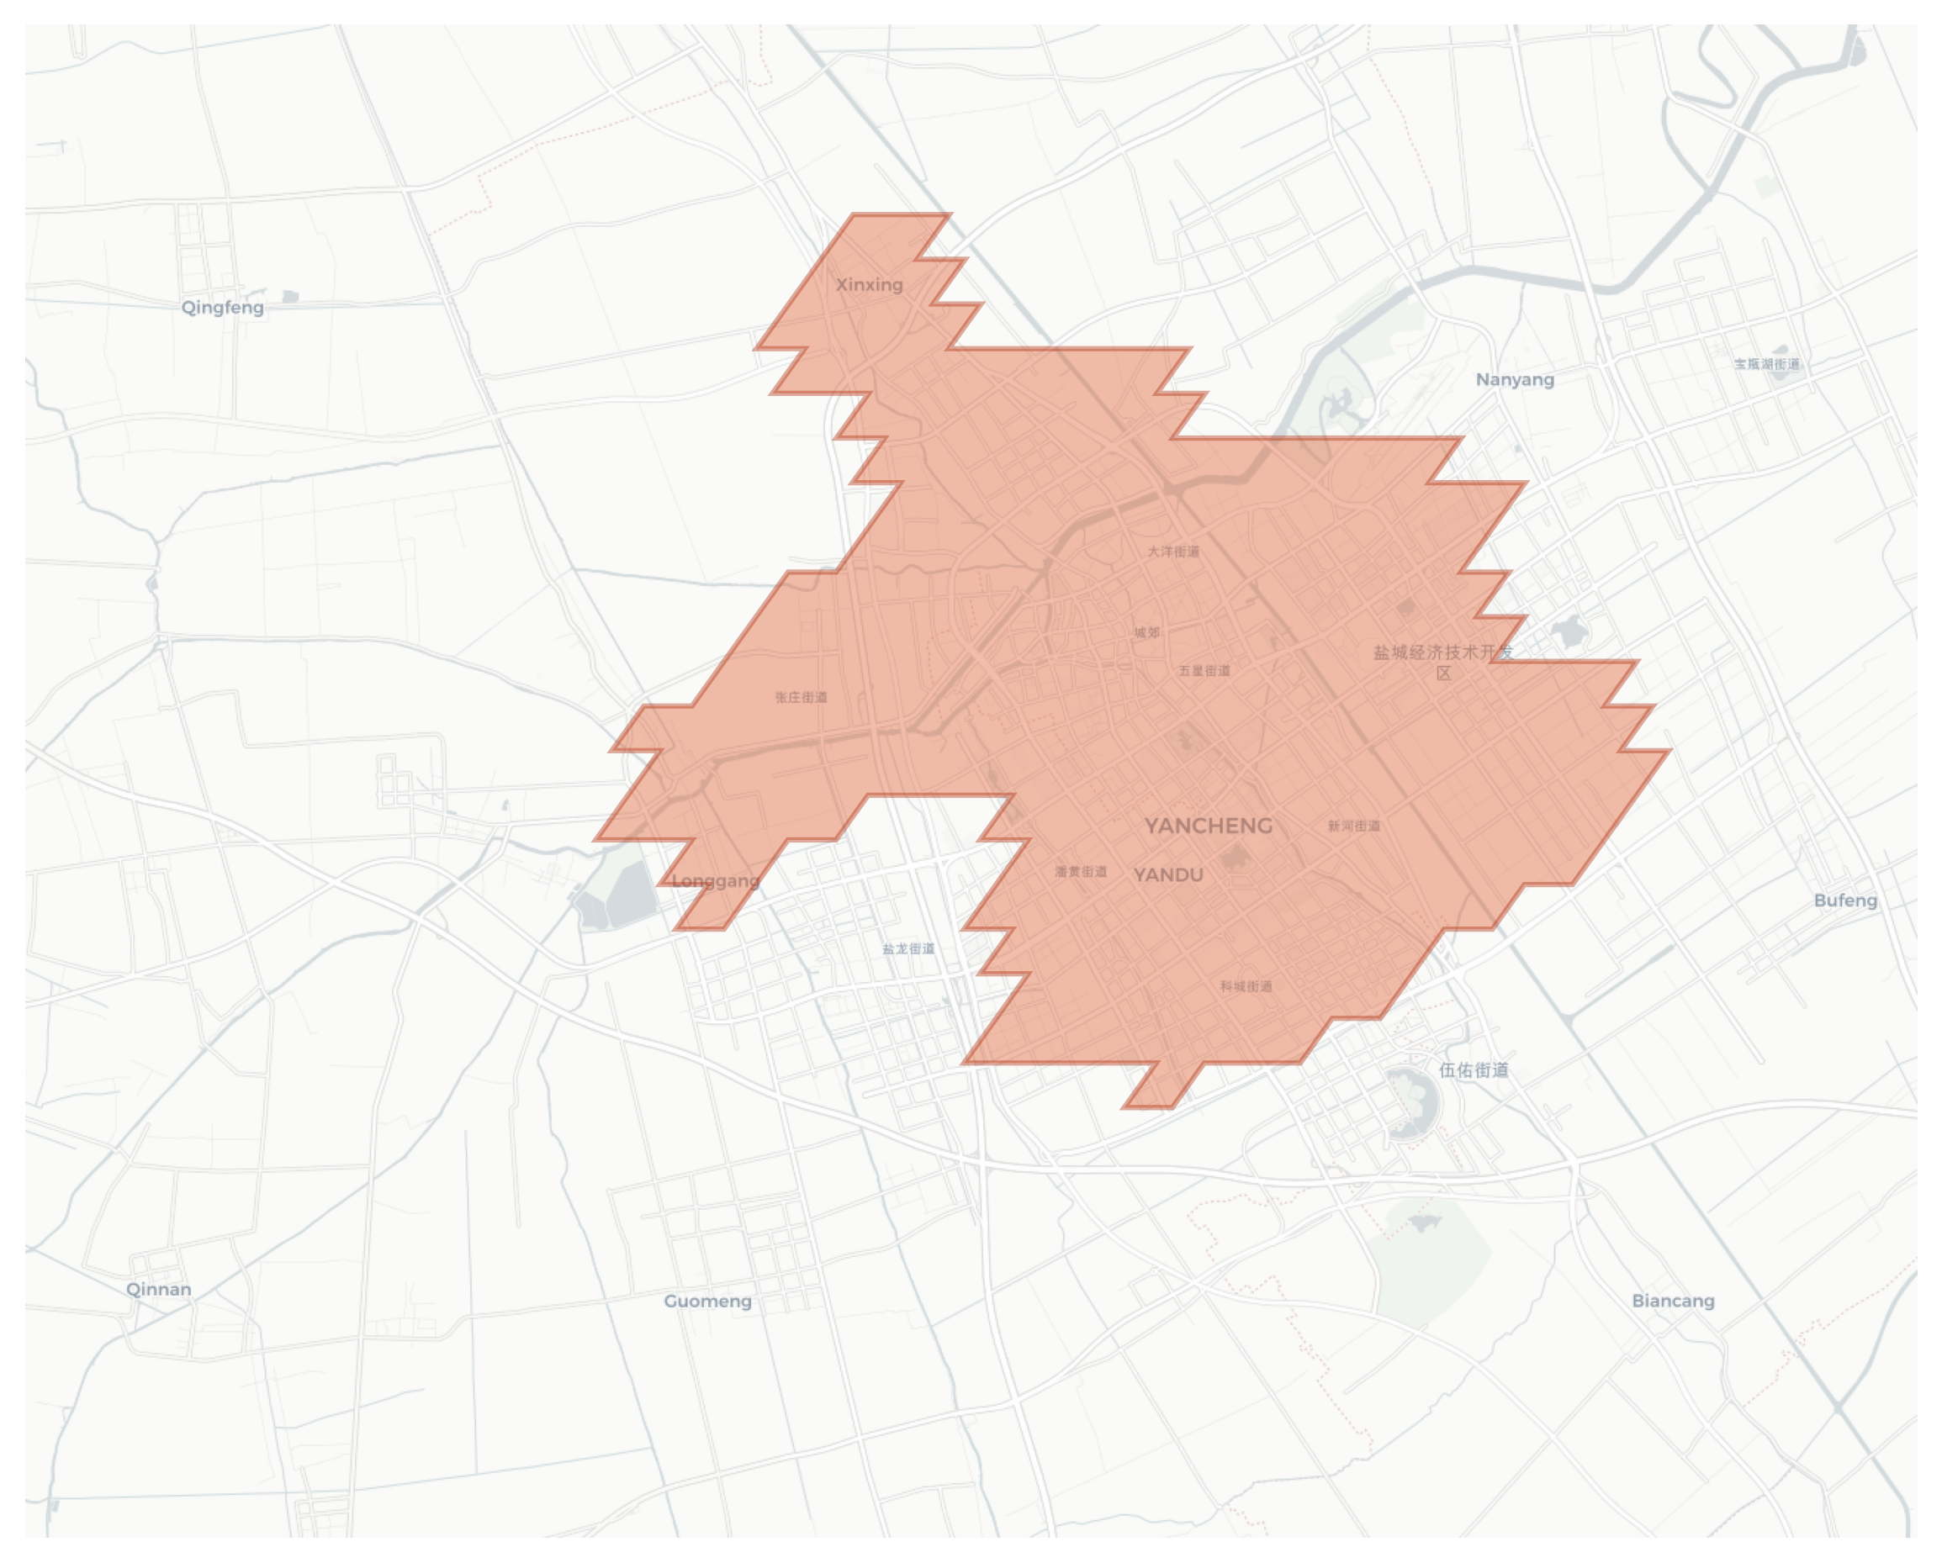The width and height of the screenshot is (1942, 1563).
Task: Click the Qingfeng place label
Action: click(223, 308)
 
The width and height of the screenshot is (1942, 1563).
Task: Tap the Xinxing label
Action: click(869, 285)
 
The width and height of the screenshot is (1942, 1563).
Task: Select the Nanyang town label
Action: click(1514, 380)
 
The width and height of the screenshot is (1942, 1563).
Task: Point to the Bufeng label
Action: click(1844, 900)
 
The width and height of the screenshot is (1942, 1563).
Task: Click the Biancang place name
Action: click(1673, 1301)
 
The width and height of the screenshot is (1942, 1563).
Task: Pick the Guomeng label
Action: click(707, 1301)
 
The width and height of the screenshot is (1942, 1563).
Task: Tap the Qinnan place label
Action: click(158, 1289)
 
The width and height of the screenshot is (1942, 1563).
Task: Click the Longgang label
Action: click(716, 880)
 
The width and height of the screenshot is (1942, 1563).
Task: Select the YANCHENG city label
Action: click(1208, 826)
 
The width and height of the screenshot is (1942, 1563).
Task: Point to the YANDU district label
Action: click(1168, 875)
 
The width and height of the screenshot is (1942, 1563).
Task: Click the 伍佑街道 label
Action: click(1473, 1070)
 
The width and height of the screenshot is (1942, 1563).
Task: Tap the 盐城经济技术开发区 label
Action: click(1443, 662)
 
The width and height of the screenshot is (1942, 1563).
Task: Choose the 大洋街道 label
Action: click(1173, 551)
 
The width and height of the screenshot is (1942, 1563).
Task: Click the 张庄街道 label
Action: click(801, 698)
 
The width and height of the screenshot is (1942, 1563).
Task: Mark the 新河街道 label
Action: click(1354, 826)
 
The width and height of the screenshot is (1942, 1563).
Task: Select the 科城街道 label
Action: click(1246, 987)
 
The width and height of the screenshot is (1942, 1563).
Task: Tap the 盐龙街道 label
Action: click(908, 949)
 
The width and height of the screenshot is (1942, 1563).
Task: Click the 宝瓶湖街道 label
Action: click(1766, 365)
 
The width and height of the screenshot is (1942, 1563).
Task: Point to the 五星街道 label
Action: click(1204, 671)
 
